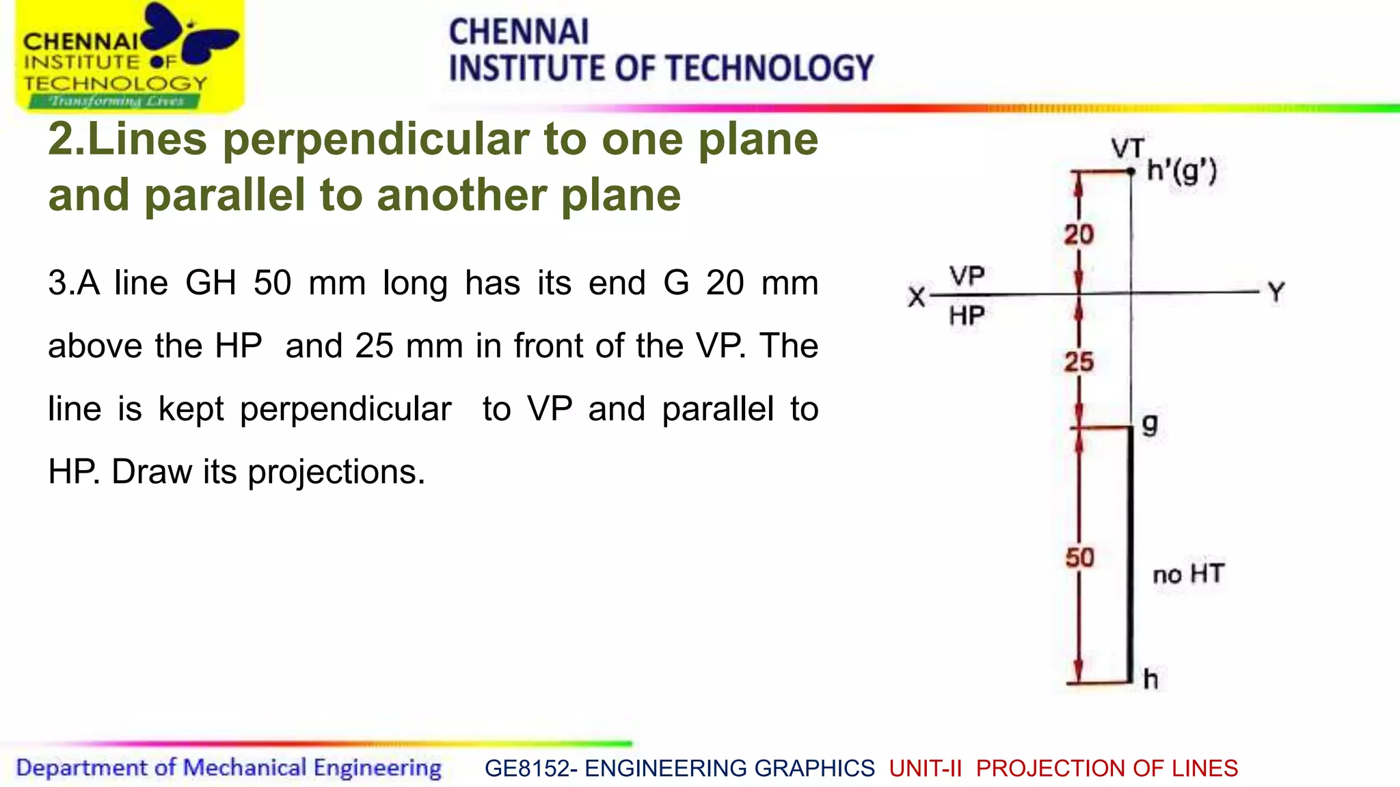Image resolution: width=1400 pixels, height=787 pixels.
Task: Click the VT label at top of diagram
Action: (1127, 148)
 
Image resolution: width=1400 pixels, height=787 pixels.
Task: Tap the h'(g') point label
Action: (1182, 171)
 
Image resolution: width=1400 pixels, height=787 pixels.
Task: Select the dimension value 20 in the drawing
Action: (1079, 235)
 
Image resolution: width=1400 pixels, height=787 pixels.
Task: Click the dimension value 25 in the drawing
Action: (1079, 362)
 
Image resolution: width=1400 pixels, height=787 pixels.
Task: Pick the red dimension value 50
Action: (1079, 557)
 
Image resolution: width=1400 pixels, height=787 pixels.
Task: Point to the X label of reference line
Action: (917, 297)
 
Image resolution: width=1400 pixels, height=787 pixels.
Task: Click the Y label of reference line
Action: (1276, 293)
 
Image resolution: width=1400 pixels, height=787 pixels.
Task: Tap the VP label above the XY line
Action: (967, 276)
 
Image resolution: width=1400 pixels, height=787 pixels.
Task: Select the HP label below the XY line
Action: (967, 316)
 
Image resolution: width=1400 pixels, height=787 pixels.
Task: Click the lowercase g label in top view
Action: (1150, 424)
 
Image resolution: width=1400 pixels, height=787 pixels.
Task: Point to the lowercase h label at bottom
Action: (1151, 679)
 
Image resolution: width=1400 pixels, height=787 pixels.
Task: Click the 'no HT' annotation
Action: (1188, 574)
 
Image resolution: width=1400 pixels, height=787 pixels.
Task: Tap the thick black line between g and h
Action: (1130, 553)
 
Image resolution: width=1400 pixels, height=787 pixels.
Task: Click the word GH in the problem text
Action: (211, 283)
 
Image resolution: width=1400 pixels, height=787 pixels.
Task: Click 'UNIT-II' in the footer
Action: (925, 769)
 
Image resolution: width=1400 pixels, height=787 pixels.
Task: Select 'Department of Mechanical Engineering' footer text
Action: (229, 768)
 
